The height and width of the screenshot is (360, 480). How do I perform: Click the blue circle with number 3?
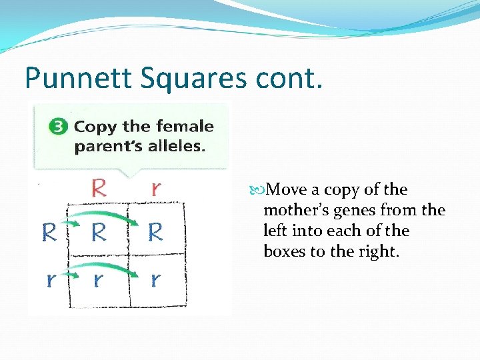pyautogui.click(x=59, y=127)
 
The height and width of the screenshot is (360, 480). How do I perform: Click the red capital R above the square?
pyautogui.click(x=98, y=187)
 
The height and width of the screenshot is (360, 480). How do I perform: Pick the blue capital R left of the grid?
pyautogui.click(x=49, y=232)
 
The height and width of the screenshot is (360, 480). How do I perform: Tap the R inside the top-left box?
pyautogui.click(x=99, y=232)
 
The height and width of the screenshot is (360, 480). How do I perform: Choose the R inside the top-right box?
pyautogui.click(x=155, y=232)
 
